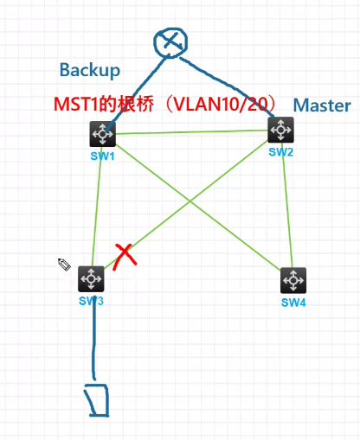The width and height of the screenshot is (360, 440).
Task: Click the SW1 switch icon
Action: (x=102, y=135)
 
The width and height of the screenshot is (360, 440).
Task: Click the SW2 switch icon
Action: (x=280, y=130)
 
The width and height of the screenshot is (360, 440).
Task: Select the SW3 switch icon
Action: (x=91, y=279)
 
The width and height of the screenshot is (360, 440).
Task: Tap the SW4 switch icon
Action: (x=294, y=281)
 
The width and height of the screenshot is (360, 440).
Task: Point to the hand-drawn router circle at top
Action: (x=170, y=42)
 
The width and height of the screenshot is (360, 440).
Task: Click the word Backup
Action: (x=89, y=70)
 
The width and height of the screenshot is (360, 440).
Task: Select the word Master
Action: (x=322, y=105)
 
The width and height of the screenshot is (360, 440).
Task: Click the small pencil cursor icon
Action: (x=64, y=265)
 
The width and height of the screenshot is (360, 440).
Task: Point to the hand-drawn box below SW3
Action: (x=96, y=399)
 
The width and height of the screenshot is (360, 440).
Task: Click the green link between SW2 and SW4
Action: (x=287, y=207)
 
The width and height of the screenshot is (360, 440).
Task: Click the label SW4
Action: (x=294, y=303)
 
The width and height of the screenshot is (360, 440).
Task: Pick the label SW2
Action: (x=280, y=151)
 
